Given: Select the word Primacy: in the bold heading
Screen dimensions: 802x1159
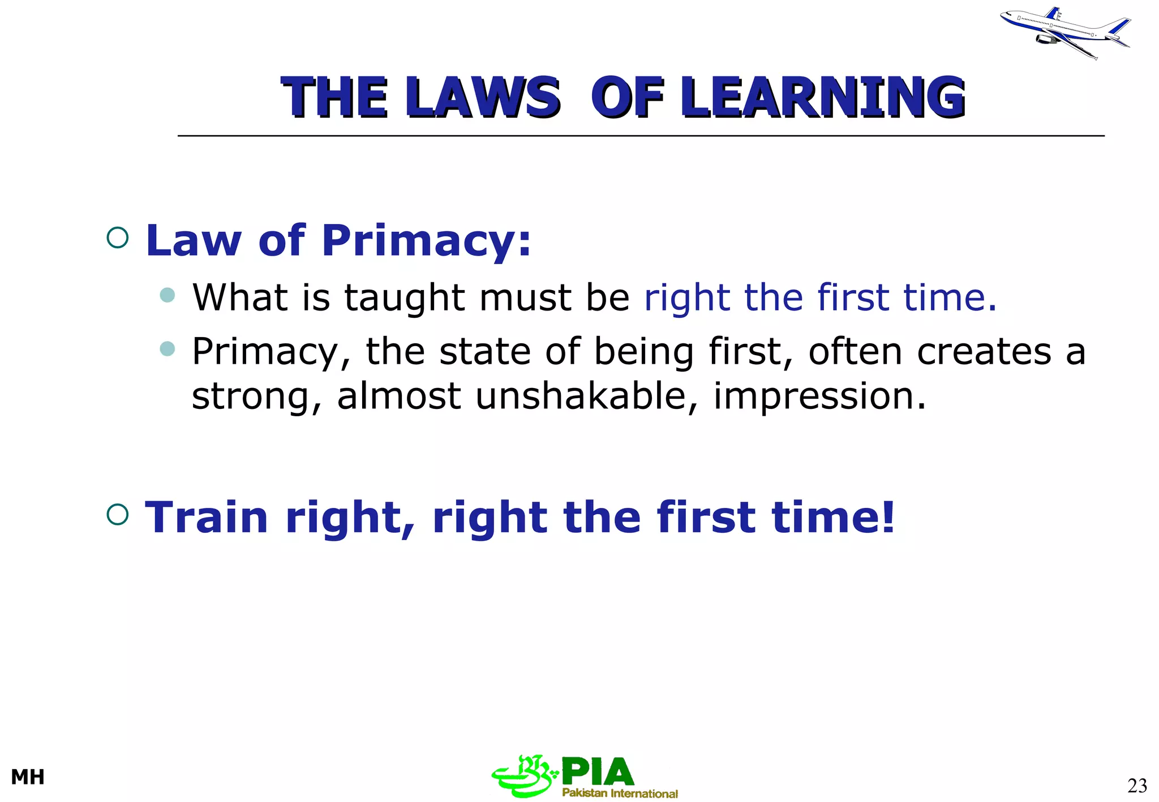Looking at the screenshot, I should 426,240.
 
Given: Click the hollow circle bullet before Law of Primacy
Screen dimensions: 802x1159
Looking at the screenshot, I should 118,238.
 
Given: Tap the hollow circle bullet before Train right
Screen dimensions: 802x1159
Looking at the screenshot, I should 118,514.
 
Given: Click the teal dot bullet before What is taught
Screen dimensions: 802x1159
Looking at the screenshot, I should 167,295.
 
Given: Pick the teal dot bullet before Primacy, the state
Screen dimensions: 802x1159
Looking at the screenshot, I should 167,348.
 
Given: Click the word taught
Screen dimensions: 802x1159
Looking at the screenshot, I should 404,298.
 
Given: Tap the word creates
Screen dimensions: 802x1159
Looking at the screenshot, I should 984,351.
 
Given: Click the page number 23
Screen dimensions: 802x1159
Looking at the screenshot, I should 1137,786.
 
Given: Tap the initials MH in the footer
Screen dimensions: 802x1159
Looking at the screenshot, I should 28,777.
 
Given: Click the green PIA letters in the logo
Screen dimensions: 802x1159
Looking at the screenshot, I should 597,772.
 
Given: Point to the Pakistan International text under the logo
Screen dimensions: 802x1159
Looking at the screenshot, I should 620,793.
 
